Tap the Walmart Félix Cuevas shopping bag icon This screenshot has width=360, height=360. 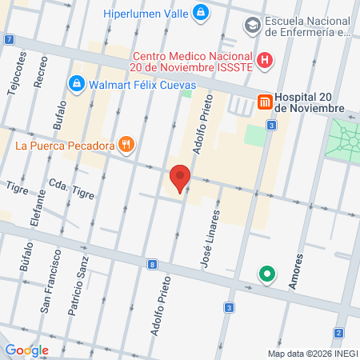pos(77,82)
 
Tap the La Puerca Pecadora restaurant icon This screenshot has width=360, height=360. pos(126,145)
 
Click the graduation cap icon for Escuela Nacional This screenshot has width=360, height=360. pos(253,26)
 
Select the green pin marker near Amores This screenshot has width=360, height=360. pos(266,276)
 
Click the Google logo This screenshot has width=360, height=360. pos(26,350)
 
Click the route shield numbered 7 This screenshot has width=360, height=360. pos(8,39)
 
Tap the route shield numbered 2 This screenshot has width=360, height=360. pos(338,332)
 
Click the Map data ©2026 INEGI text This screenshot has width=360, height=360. pos(312,353)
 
